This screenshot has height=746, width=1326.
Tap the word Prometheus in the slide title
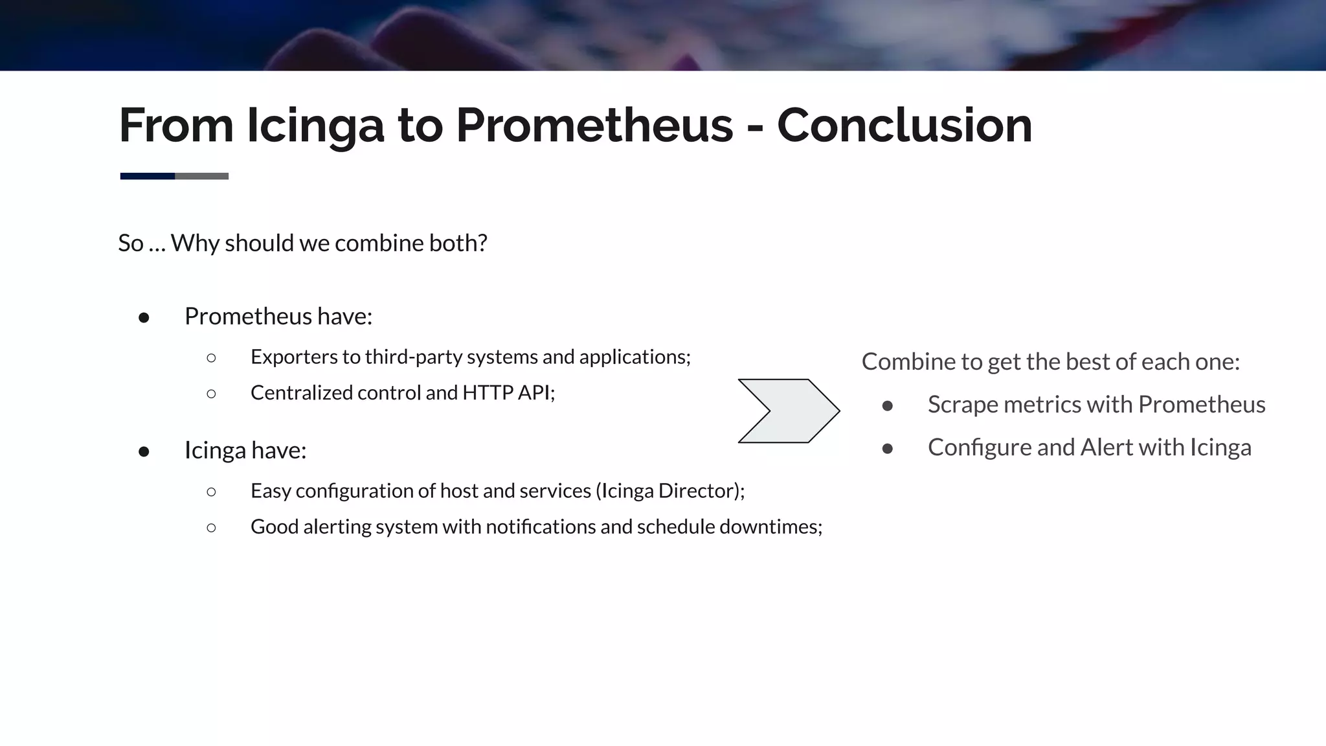pyautogui.click(x=594, y=125)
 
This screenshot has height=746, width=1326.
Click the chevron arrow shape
pyautogui.click(x=789, y=411)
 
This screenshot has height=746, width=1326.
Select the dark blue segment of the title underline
pyautogui.click(x=147, y=176)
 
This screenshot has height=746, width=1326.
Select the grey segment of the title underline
pyautogui.click(x=202, y=176)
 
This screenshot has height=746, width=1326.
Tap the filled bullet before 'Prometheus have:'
pyautogui.click(x=144, y=317)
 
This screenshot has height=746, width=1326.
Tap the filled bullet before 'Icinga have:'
pyautogui.click(x=144, y=451)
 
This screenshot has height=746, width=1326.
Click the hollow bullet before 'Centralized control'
pyautogui.click(x=211, y=393)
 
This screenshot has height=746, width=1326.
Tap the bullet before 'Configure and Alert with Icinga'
pyautogui.click(x=888, y=449)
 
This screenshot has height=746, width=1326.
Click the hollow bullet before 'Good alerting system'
pyautogui.click(x=211, y=527)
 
